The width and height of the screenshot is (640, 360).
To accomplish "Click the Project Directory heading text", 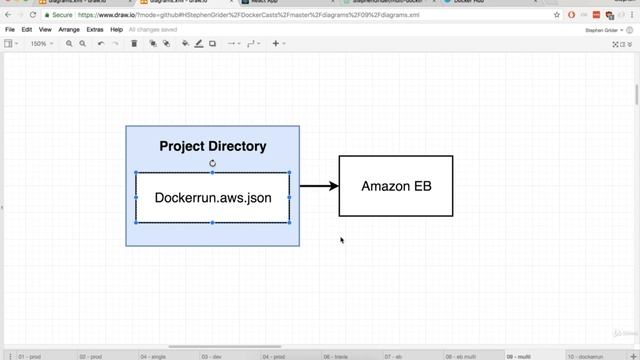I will (212, 146).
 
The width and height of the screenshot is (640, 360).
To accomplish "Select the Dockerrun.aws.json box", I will (212, 198).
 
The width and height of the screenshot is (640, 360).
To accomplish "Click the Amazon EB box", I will (395, 186).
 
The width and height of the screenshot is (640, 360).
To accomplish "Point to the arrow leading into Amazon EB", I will (318, 186).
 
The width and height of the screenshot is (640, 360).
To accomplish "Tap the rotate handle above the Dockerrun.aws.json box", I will (212, 163).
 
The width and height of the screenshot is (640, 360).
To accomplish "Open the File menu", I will (10, 30).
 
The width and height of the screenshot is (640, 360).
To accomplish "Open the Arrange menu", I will (69, 30).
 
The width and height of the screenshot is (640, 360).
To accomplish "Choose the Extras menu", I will (95, 30).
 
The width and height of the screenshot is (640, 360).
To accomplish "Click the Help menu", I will (117, 30).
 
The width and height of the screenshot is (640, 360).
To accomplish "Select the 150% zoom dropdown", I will (40, 44).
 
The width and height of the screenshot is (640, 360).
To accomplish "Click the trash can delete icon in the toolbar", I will (134, 44).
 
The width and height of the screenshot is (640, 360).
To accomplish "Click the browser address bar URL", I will (250, 16).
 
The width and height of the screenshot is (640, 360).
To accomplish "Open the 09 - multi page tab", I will (519, 356).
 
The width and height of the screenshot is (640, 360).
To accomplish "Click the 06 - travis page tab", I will (338, 356).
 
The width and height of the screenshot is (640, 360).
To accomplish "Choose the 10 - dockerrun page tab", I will (586, 356).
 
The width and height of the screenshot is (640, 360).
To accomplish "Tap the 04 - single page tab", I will (154, 356).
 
